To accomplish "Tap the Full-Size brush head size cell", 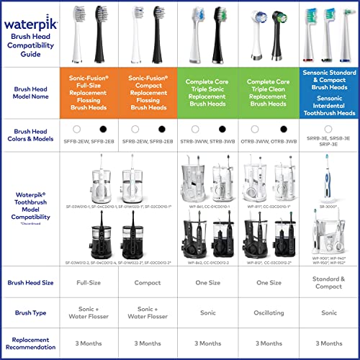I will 91,282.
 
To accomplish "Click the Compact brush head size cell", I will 148,282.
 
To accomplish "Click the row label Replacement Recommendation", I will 34,343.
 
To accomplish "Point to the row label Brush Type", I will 34,312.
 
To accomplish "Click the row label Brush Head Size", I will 34,282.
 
